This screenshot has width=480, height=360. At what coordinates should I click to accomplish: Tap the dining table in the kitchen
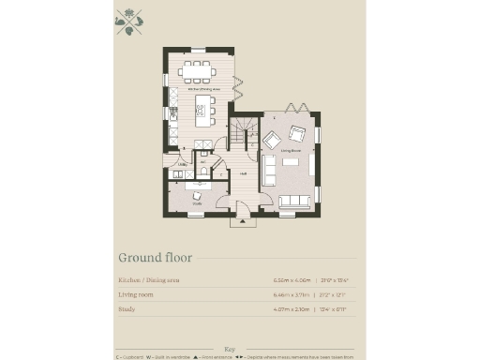(198, 69)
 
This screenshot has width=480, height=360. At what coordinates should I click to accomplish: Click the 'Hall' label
(243, 173)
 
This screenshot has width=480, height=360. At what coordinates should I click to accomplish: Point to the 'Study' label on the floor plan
(197, 202)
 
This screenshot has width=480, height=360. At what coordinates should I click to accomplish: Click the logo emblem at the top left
(129, 22)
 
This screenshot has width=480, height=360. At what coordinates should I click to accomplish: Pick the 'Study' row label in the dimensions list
(126, 307)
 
